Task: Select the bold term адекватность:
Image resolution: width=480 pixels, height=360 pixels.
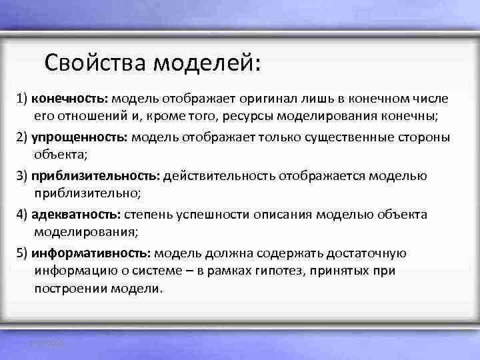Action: (75, 215)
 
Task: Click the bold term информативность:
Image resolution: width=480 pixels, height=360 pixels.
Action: (91, 253)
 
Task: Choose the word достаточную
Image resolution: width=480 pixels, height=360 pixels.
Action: (369, 253)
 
